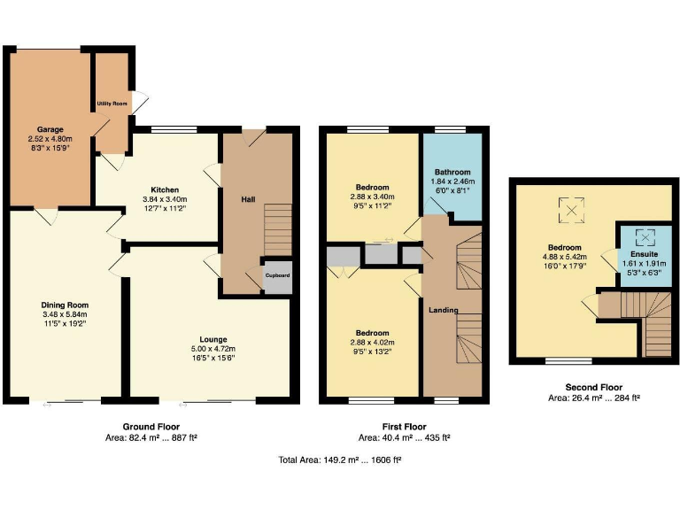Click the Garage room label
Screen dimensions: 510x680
tap(50, 128)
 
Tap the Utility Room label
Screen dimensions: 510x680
tap(112, 104)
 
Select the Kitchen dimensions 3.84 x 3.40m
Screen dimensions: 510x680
tap(165, 199)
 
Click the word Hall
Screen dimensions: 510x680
tap(249, 199)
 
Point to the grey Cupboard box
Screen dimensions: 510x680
tap(277, 275)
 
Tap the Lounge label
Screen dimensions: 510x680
tap(213, 339)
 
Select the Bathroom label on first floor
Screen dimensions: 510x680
tap(452, 172)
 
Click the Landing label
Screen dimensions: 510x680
tap(444, 310)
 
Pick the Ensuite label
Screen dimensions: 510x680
tap(644, 254)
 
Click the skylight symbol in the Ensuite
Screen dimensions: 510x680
tap(644, 236)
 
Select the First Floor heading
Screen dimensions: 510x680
tap(404, 427)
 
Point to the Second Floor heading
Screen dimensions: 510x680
tap(593, 387)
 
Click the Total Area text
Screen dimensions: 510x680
tap(340, 460)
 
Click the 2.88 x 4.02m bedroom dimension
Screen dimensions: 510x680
tap(373, 342)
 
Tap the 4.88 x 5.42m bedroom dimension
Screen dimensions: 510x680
tap(564, 258)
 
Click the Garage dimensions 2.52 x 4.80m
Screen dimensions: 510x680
tap(50, 139)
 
